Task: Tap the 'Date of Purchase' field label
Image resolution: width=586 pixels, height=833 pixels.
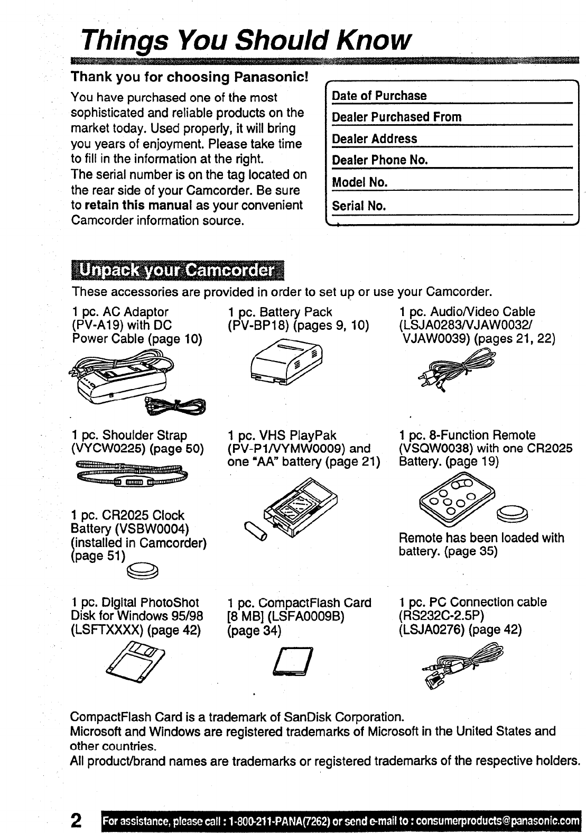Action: (379, 96)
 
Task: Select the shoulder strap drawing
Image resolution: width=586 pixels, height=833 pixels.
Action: (132, 472)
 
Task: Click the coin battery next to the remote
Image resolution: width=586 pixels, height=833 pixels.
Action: (513, 513)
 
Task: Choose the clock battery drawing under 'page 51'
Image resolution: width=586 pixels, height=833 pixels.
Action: (145, 570)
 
